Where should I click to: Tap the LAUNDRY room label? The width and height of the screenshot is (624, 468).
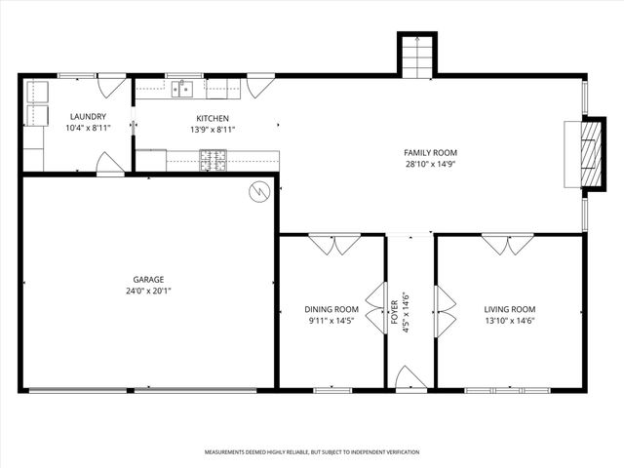pos(88,117)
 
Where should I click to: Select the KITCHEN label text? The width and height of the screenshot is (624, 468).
pos(212,118)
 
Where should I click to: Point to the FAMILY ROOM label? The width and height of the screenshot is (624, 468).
pos(430,153)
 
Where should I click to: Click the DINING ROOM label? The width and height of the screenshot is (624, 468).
pos(331,309)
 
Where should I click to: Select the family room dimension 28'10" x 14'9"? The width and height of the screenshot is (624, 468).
pos(430,165)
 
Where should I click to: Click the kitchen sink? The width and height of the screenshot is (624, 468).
pos(182,90)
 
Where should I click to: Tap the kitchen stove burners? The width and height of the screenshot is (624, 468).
pos(214,160)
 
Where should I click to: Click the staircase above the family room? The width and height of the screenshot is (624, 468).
pos(416,56)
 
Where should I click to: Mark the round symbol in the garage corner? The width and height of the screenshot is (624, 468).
pos(258,191)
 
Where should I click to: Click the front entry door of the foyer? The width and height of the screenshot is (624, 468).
pos(410,380)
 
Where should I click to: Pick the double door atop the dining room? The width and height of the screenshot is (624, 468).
pos(334,244)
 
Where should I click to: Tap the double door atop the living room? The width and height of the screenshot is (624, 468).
pos(508,244)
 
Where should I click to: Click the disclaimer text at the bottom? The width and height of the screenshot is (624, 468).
pos(312,452)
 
